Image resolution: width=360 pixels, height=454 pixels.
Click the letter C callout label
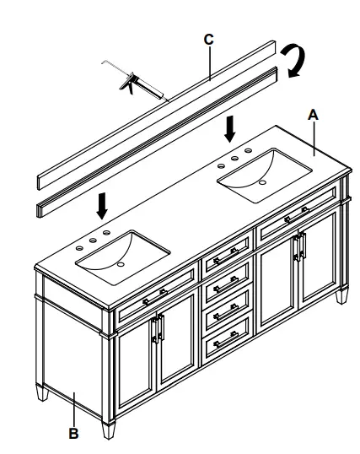pyautogui.click(x=208, y=39)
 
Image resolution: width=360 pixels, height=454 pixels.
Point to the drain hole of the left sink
pyautogui.click(x=121, y=264)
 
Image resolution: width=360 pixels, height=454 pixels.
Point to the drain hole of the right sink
pyautogui.click(x=261, y=181)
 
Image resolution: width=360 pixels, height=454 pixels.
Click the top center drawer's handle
pyautogui.click(x=226, y=251)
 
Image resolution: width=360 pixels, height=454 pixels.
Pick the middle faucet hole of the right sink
pyautogui.click(x=239, y=159)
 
